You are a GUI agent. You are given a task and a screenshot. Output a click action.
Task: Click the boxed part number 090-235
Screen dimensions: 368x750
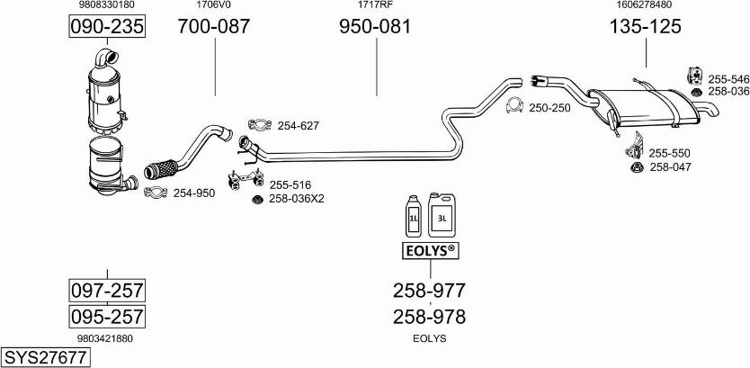[107, 27]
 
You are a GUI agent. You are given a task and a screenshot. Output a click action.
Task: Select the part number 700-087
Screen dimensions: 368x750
[214, 27]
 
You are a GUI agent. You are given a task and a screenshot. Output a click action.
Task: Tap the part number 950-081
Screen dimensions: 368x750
[375, 27]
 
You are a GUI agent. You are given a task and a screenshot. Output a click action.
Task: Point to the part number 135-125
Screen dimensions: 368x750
[646, 27]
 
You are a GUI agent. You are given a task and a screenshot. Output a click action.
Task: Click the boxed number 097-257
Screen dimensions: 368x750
[107, 291]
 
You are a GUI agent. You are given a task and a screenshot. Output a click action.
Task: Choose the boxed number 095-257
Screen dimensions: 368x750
[107, 317]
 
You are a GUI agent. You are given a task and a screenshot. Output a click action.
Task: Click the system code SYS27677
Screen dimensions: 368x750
[46, 357]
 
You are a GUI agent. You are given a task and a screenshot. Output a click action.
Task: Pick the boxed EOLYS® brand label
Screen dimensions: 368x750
[428, 249]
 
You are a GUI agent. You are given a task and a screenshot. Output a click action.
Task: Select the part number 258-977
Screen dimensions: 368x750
[429, 290]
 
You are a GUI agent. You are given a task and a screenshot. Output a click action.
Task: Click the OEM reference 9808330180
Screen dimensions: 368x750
[107, 5]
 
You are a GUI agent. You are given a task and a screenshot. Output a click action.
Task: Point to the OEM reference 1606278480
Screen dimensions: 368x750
[645, 5]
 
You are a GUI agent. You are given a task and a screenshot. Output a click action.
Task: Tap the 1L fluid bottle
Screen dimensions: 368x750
[415, 217]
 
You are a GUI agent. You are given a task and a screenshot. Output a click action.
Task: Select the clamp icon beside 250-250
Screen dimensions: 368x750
[516, 107]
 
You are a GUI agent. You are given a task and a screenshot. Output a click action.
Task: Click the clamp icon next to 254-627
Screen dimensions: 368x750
[258, 125]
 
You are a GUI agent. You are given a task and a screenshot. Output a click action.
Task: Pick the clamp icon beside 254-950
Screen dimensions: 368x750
[155, 192]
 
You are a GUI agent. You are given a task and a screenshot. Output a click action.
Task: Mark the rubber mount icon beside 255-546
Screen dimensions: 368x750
[694, 75]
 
